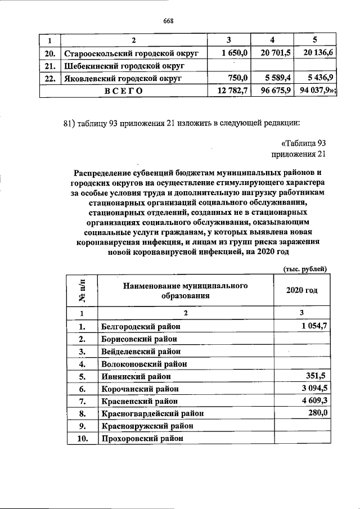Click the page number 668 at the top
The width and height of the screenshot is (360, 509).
click(168, 21)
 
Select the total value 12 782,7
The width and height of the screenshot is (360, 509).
click(230, 91)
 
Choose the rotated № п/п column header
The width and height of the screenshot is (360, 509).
click(82, 291)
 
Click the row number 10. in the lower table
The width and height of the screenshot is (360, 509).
click(82, 439)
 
